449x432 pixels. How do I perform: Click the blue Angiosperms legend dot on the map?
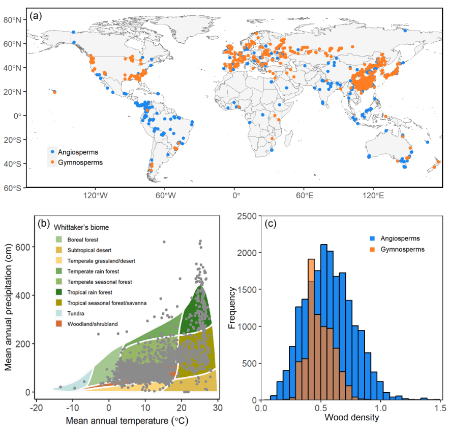[51, 152]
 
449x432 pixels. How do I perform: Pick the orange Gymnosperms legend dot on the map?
[51, 163]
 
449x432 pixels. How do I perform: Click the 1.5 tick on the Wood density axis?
[440, 409]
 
